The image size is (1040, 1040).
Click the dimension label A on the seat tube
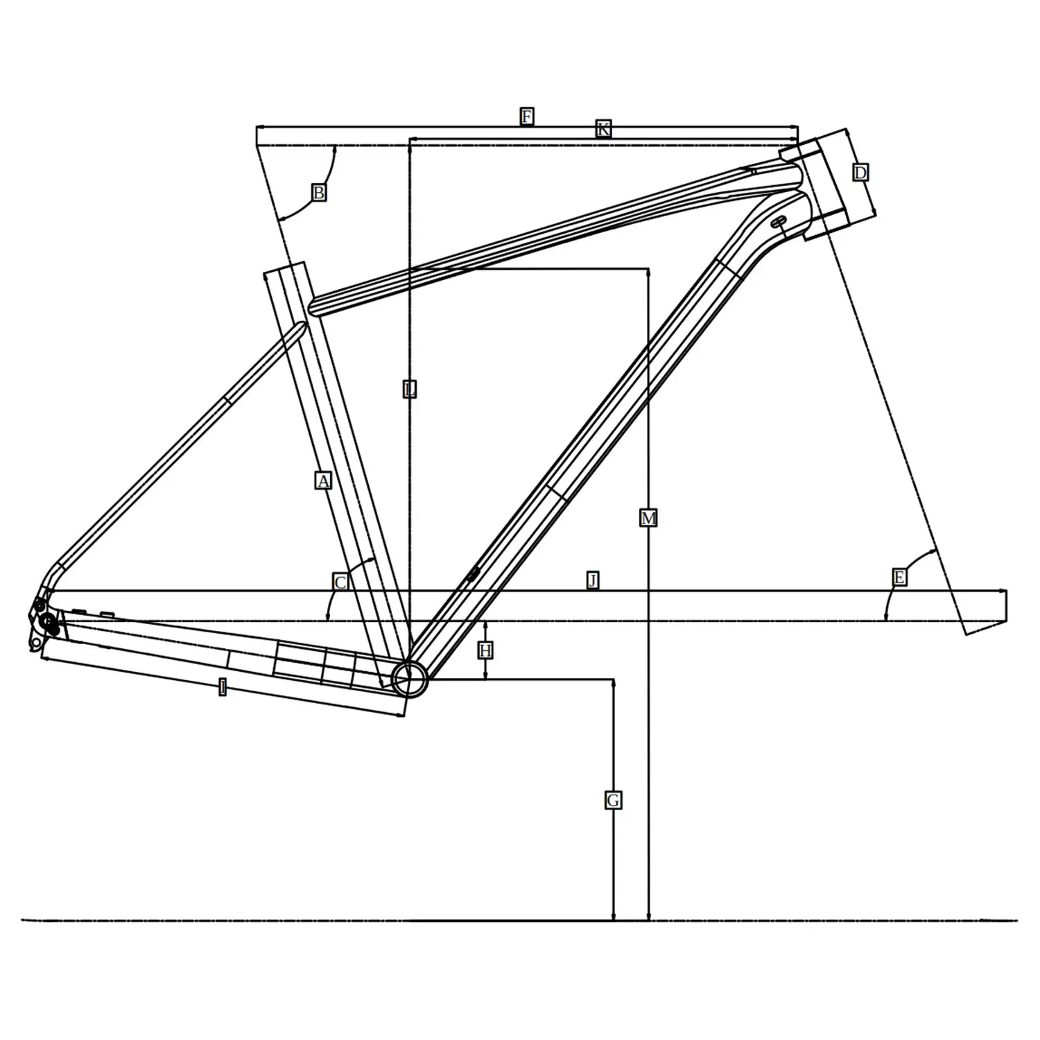(x=323, y=480)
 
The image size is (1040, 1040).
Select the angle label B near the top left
(x=318, y=193)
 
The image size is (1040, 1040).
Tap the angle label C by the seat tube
(x=340, y=582)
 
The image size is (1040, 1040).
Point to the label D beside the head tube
(x=860, y=173)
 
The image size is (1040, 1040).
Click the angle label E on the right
(x=899, y=578)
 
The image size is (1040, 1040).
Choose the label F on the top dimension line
(x=526, y=116)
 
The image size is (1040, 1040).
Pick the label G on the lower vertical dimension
(x=613, y=801)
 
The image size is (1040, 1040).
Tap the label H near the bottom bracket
(x=485, y=650)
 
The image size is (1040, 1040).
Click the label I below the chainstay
(x=222, y=687)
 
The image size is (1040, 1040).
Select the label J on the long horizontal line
(x=592, y=580)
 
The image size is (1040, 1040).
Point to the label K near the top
(x=603, y=129)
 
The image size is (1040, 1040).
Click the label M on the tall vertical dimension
(x=648, y=518)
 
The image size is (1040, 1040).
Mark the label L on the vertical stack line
(x=410, y=389)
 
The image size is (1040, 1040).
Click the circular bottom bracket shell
(x=410, y=678)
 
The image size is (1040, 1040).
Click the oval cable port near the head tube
(x=779, y=221)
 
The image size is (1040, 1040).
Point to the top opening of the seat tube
(x=285, y=268)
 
